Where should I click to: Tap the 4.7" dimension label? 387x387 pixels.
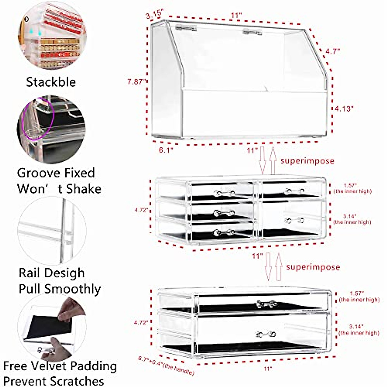[x=332, y=51]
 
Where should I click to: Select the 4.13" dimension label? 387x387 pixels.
[x=344, y=109]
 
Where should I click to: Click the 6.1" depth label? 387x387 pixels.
[x=165, y=150]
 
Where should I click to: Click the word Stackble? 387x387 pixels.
[x=51, y=82]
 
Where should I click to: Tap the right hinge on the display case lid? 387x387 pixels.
[x=253, y=32]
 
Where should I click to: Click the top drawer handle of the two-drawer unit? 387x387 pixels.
[x=267, y=303]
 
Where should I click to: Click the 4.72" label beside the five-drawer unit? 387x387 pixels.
[x=142, y=210]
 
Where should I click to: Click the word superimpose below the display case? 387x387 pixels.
[x=307, y=161]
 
